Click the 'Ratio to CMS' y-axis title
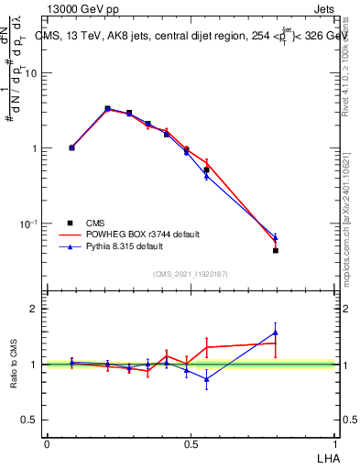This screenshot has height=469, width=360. pos(14,364)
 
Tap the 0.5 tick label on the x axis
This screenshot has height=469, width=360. pos(191,442)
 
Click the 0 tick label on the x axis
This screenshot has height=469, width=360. pos(47,442)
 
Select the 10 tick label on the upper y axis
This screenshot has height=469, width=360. pos(30,73)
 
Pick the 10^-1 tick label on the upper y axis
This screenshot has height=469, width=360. pos(28,224)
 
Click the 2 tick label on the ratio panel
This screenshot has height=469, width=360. pos(34,309)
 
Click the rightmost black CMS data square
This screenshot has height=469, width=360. pos(275,250)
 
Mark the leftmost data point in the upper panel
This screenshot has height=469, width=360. pos(71,147)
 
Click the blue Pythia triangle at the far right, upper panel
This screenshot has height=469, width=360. pos(275,237)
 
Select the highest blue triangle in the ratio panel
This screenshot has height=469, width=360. pos(275,333)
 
